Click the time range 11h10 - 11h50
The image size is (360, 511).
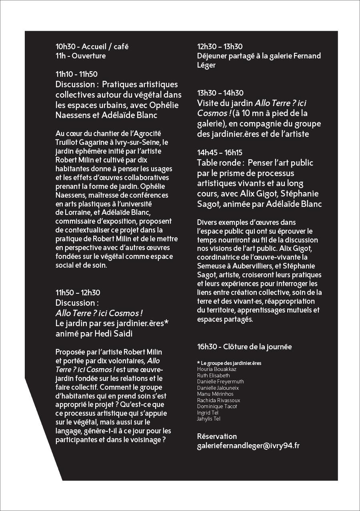pos(76,74)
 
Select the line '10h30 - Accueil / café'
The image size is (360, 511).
pos(92,47)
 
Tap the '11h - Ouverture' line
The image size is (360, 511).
pos(81,56)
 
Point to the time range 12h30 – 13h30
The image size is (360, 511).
pos(220,47)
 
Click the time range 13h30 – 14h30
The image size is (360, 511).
pos(220,93)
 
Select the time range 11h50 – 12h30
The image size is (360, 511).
pos(78,293)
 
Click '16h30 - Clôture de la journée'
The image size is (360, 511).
pos(244,347)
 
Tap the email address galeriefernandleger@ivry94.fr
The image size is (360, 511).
pos(248,446)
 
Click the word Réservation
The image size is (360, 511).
pos(217,436)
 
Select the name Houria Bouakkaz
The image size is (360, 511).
pos(216,369)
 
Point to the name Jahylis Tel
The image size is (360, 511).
pos(208,419)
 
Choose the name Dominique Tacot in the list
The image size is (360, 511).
pos(217,407)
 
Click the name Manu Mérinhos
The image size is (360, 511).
pos(215,394)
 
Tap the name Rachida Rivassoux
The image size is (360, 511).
pos(218,400)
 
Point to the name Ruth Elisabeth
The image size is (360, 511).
pos(213,376)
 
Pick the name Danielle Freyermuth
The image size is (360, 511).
pos(220,382)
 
